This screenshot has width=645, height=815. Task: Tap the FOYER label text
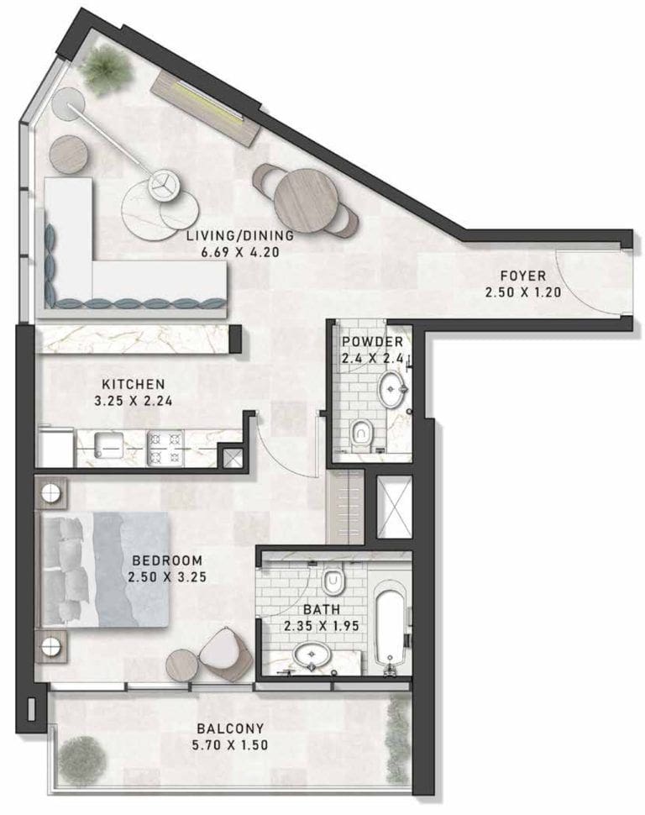(522, 276)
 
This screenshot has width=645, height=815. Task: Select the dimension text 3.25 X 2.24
(134, 401)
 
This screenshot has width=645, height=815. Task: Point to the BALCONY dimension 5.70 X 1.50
(230, 744)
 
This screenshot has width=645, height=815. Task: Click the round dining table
(307, 200)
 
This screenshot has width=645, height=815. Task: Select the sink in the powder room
(392, 388)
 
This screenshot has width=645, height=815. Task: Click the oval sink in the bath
(312, 654)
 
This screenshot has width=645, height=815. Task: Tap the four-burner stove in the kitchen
(165, 448)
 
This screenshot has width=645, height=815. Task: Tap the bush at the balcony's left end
(81, 760)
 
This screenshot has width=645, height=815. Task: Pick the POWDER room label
(372, 342)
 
